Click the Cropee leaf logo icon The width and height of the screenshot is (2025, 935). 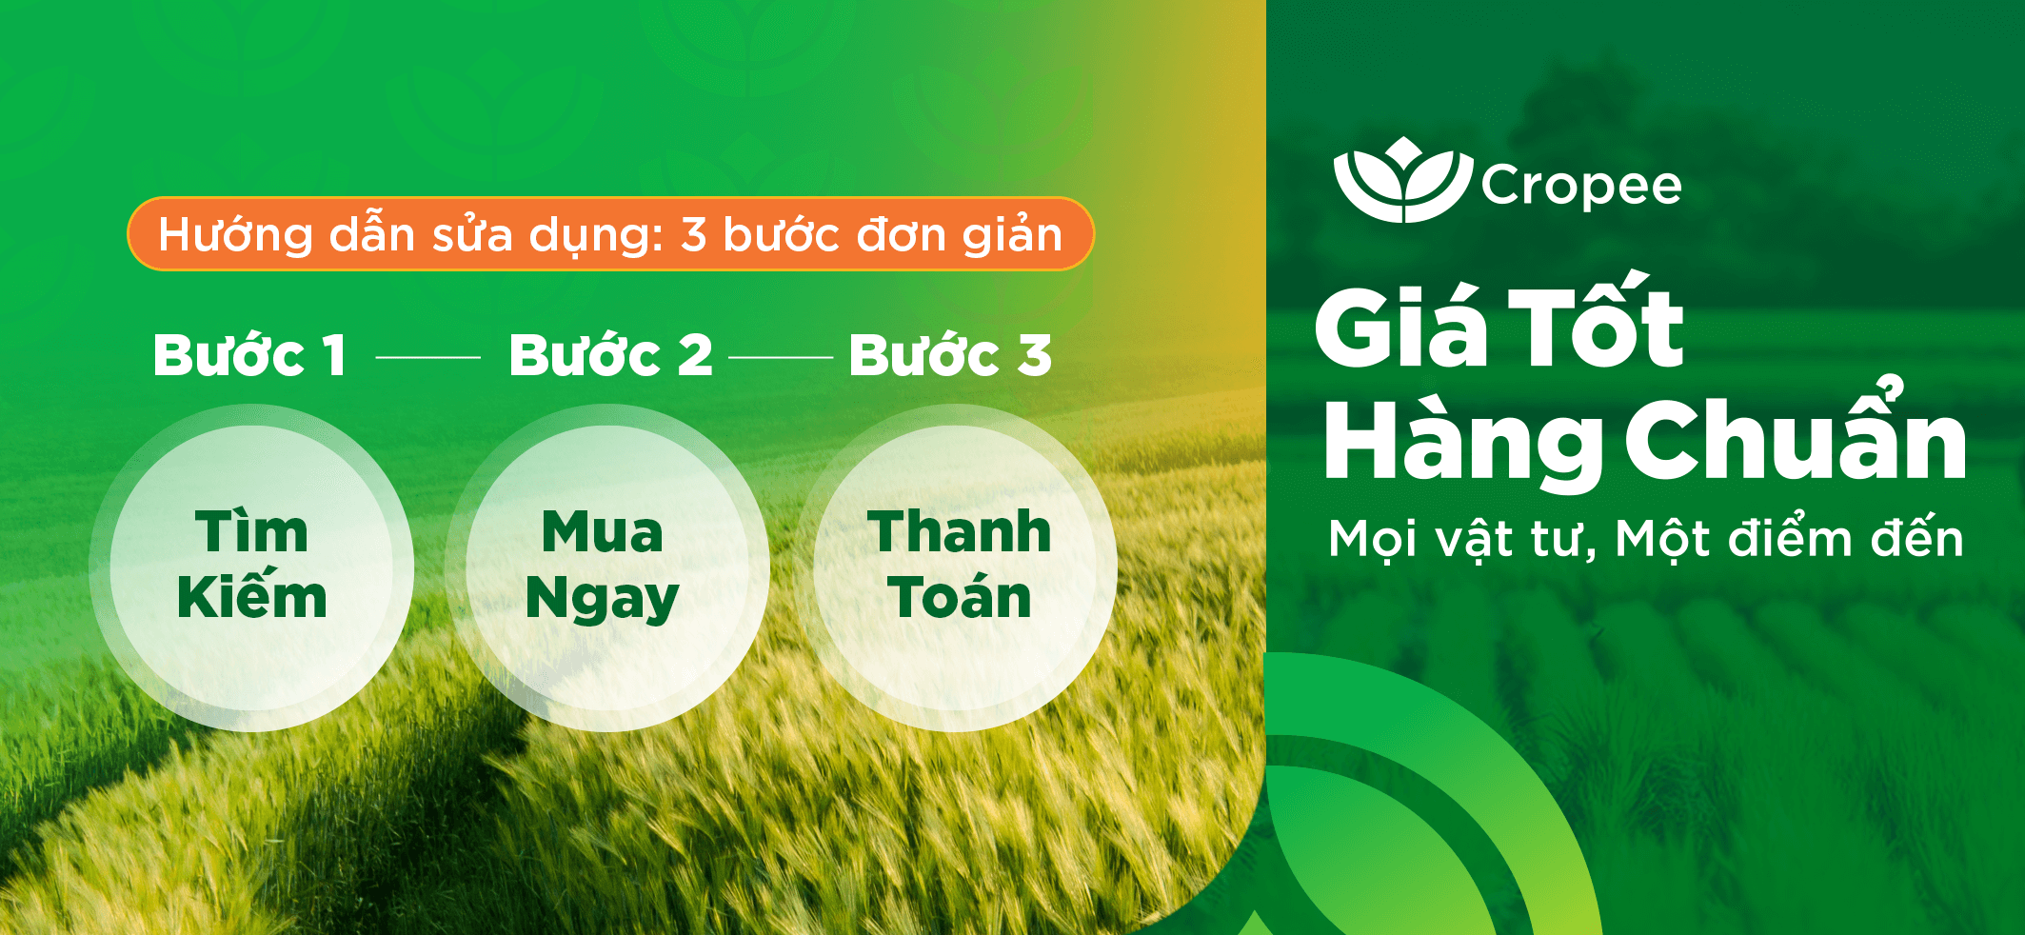pos(1403,180)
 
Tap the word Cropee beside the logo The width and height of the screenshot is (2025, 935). pos(1581,186)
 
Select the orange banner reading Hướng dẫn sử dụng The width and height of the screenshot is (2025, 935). pos(610,234)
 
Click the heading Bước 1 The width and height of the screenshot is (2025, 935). pos(250,355)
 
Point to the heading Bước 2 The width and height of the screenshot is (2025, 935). pos(610,355)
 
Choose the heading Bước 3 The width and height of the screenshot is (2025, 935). pos(950,355)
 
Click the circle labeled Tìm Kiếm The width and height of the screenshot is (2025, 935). pos(251,567)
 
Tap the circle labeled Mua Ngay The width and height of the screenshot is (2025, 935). pos(606,567)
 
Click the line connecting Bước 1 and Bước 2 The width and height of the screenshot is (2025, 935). pos(428,357)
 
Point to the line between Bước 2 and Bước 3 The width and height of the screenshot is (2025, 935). pos(781,357)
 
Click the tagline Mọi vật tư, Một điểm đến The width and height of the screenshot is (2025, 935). pos(1645,539)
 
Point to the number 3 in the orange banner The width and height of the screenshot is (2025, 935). pos(693,235)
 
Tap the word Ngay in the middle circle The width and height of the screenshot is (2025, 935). pos(603,600)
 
